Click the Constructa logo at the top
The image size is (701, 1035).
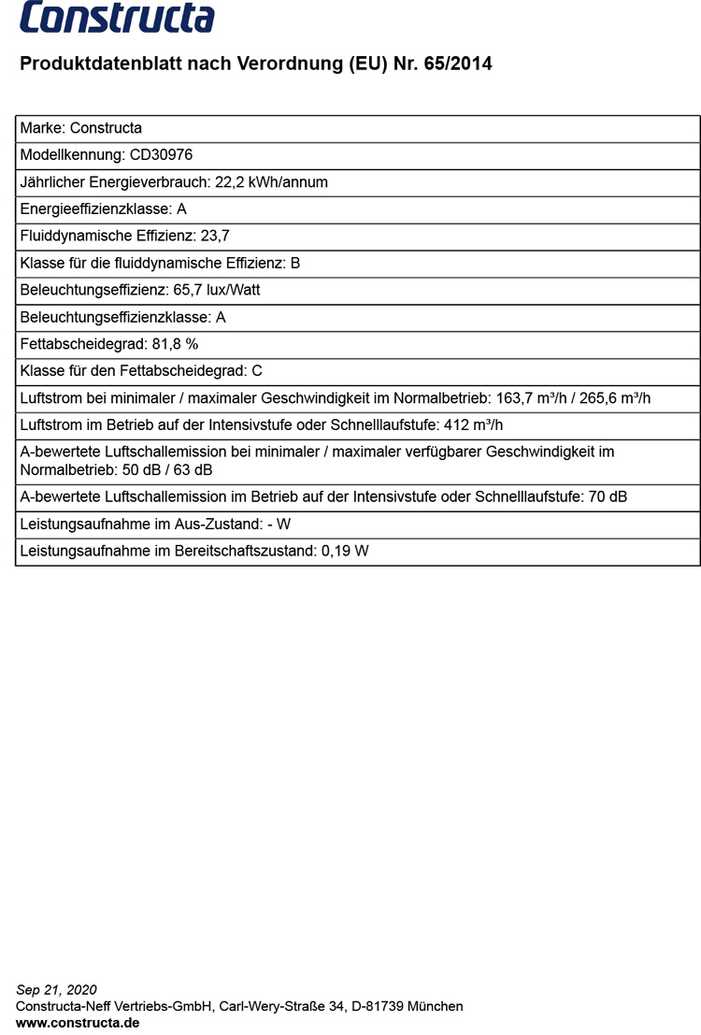coord(117,19)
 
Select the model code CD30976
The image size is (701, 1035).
coord(161,155)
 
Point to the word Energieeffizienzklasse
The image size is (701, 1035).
coord(95,209)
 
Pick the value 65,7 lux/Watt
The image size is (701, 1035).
coord(217,290)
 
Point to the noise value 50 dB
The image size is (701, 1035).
coord(141,469)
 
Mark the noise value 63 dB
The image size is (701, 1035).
coord(193,469)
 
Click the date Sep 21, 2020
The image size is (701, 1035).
coord(56,989)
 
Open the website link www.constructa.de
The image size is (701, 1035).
coord(78,1023)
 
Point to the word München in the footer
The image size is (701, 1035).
coord(436,1006)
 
